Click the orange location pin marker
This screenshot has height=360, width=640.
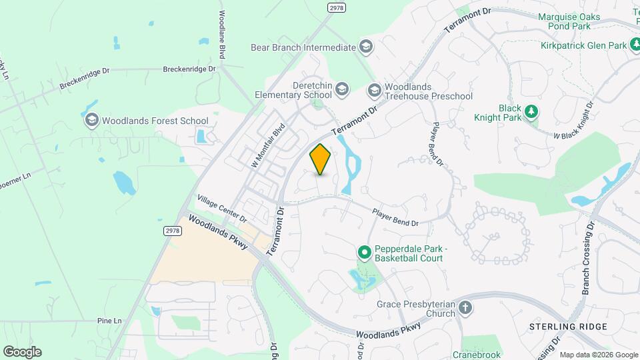point(321,159)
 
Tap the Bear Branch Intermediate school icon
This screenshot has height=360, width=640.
point(365,47)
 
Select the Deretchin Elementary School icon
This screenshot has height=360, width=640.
point(341,89)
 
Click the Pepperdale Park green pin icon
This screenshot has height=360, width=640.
point(364,253)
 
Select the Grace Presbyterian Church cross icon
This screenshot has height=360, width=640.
point(465,308)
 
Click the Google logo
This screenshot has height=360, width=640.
point(22,352)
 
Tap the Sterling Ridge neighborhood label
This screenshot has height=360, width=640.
point(568,327)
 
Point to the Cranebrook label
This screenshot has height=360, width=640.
point(477,355)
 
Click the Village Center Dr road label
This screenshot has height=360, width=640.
point(222,209)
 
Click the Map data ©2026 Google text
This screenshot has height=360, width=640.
point(598,355)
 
